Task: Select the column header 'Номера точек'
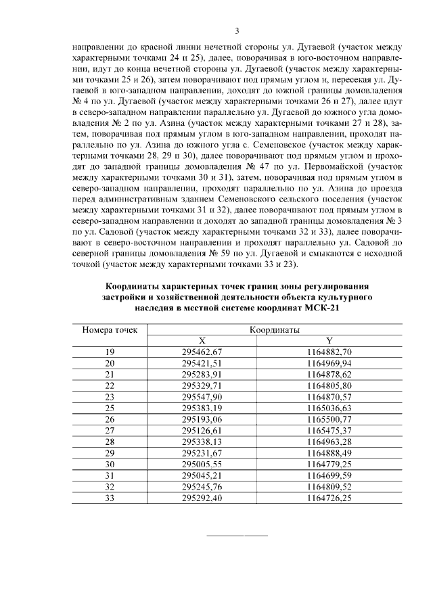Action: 110,330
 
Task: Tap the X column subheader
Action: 202,341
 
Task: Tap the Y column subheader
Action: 329,341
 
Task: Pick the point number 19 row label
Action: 110,352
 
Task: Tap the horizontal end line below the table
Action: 236,536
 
